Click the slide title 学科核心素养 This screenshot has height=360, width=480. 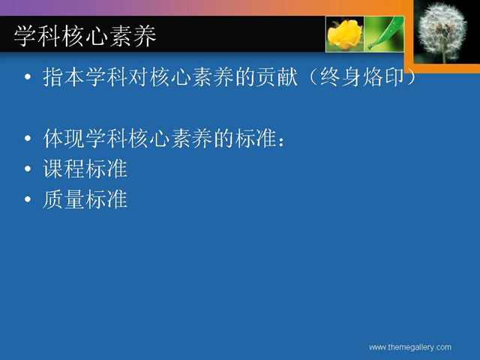tap(85, 36)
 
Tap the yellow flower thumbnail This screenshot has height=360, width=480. tap(345, 34)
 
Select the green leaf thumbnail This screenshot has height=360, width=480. tap(384, 34)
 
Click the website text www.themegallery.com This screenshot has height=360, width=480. tap(410, 347)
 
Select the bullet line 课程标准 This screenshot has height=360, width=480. tap(85, 169)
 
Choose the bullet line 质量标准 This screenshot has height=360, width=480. tap(85, 199)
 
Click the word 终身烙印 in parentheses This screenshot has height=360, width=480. tap(362, 76)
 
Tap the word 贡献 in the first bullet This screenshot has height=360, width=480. tap(277, 76)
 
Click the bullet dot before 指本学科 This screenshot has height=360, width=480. tap(28, 76)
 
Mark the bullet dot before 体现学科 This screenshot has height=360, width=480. tap(28, 138)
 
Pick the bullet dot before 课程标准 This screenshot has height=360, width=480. tap(28, 169)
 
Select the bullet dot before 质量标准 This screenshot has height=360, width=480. tap(28, 199)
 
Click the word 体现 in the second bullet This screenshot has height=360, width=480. tap(64, 138)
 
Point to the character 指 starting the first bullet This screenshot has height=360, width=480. tap(53, 76)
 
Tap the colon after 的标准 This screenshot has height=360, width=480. tap(282, 142)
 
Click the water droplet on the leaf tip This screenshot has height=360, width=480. tap(370, 46)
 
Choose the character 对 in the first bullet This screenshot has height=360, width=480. tap(139, 76)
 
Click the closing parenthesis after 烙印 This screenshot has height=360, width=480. tap(411, 76)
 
